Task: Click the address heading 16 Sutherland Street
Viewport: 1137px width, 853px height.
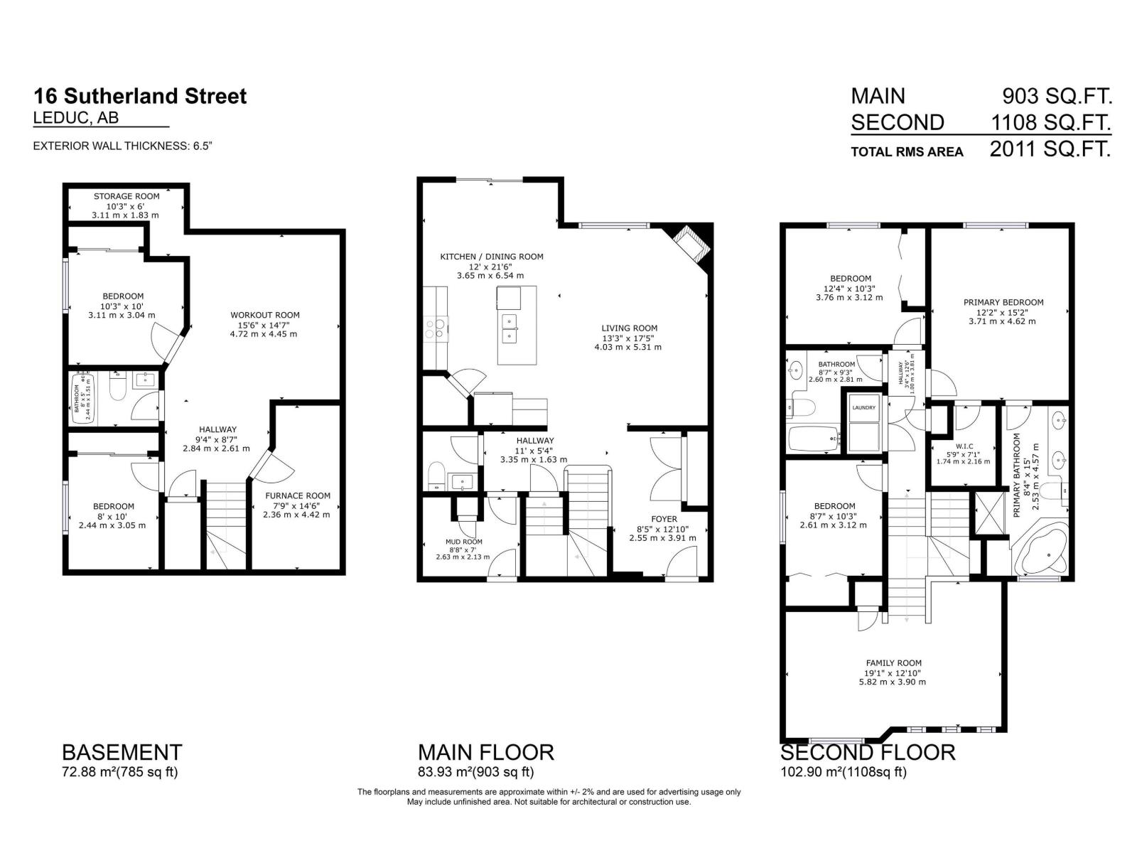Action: [140, 96]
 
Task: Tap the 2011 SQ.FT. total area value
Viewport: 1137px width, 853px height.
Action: [1050, 149]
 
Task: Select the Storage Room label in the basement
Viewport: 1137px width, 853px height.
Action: [126, 196]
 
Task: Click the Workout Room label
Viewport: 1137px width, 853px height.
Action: [264, 315]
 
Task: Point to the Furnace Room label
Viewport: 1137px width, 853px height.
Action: [297, 495]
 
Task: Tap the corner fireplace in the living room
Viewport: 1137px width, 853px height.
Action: [691, 244]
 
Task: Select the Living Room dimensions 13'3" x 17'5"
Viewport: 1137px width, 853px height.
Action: [629, 338]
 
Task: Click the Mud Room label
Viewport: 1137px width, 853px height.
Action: [463, 542]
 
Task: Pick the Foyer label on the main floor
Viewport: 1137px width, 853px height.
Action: [664, 519]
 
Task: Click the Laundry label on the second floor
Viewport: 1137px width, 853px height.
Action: [863, 407]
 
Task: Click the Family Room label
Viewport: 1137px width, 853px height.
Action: [893, 662]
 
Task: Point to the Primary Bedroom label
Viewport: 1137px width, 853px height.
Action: [1003, 302]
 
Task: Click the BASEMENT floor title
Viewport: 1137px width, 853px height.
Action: [122, 752]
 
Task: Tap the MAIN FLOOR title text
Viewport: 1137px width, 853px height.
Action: [485, 752]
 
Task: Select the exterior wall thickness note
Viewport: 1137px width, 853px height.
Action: [123, 146]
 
